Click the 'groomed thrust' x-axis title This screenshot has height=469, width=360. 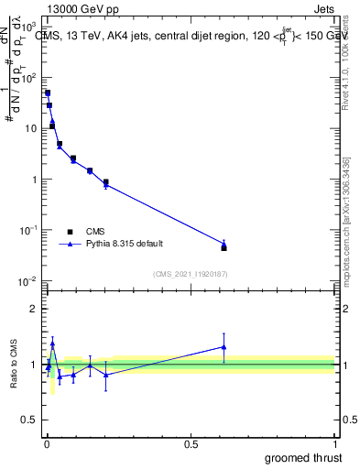[305, 457]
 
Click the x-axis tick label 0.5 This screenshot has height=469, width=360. [191, 443]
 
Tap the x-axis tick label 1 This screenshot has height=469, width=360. [334, 443]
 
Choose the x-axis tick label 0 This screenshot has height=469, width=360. [47, 443]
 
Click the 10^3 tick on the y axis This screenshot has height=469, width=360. [30, 27]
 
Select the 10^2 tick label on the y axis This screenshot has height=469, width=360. [30, 78]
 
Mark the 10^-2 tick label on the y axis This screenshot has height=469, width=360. [29, 281]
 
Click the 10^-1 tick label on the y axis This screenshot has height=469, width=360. [29, 230]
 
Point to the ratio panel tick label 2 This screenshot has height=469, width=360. [34, 309]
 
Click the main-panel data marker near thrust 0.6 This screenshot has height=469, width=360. [224, 247]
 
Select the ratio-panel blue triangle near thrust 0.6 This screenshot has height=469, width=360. [224, 346]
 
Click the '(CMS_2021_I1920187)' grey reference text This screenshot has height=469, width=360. [191, 274]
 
